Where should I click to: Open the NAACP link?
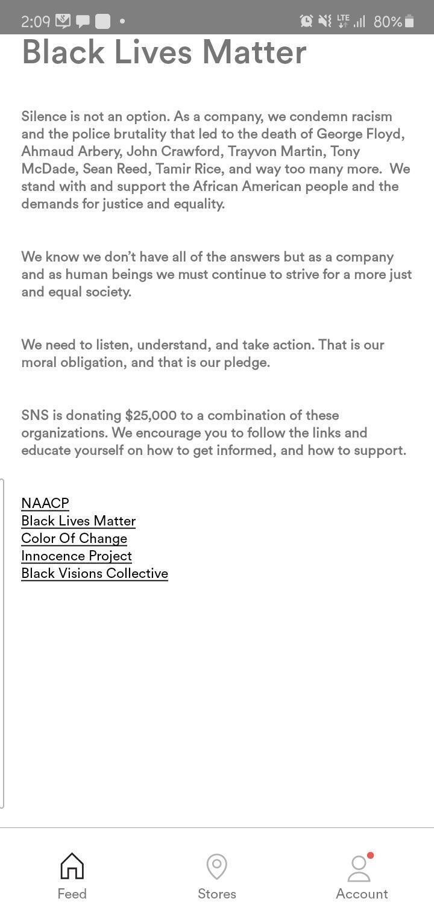(45, 503)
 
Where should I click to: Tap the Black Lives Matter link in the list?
(78, 521)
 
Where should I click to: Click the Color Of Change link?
(74, 538)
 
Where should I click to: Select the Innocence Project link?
(77, 556)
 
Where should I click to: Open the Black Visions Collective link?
(95, 573)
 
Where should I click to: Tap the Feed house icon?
(72, 866)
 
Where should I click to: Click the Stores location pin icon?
(216, 867)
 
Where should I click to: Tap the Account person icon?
(359, 869)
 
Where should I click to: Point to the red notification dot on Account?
(370, 856)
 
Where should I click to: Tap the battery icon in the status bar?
(409, 22)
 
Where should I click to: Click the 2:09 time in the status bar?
(35, 22)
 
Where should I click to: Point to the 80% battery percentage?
(387, 22)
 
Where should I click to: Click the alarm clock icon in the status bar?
(306, 21)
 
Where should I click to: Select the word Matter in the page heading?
(254, 52)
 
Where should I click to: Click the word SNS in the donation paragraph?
(34, 415)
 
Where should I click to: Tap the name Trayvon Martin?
(294, 151)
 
